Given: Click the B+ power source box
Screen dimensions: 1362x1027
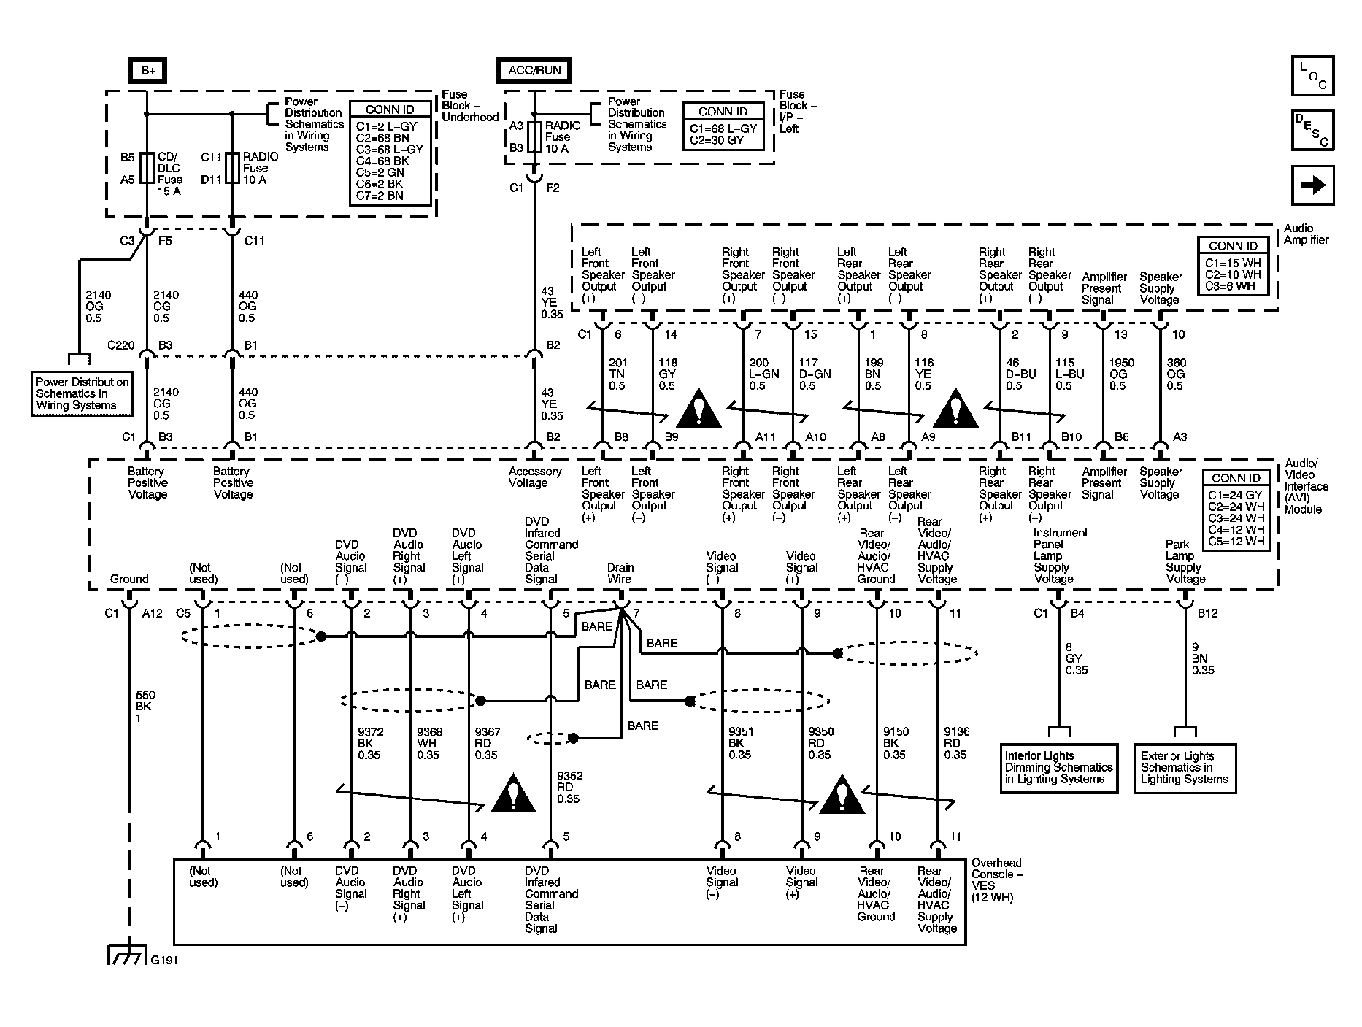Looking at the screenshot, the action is tap(148, 70).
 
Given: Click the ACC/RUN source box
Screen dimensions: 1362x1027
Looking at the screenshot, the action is tap(534, 70).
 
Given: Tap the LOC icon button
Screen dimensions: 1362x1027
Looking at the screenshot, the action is tap(1312, 75).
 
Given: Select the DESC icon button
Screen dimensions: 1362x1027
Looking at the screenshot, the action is tap(1312, 131).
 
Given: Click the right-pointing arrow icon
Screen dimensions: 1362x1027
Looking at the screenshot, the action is tap(1312, 185).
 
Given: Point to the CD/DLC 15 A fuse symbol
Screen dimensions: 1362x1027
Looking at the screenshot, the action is tap(147, 168).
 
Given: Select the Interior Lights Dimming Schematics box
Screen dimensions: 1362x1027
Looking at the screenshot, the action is tap(1058, 768).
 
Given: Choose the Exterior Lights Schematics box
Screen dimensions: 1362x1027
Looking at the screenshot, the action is tap(1185, 768).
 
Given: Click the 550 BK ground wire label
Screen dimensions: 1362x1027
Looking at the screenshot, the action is tap(145, 707).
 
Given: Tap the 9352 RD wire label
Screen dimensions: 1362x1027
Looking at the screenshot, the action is tap(569, 788).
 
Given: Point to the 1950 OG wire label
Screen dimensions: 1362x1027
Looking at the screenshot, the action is tap(1122, 374).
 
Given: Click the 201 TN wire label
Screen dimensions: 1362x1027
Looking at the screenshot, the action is tap(617, 374).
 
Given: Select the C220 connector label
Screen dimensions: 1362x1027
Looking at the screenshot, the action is tap(121, 345).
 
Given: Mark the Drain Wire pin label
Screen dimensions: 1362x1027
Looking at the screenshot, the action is tap(620, 574).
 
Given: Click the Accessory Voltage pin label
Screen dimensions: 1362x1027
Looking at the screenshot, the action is tap(535, 477).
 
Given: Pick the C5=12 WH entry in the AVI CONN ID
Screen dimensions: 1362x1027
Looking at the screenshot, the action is tap(1236, 542).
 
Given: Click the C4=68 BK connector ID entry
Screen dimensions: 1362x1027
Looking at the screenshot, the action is tap(383, 161).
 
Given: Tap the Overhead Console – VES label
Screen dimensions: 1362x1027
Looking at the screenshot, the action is tap(997, 880).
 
